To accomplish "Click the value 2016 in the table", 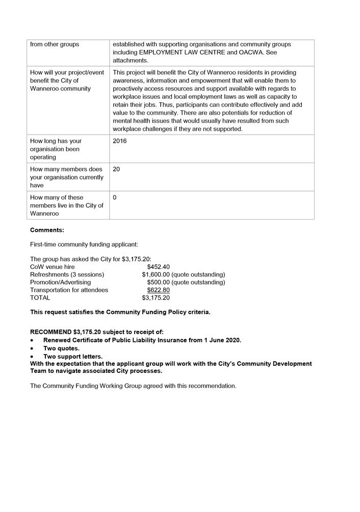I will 120,141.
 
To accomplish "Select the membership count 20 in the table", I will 116,169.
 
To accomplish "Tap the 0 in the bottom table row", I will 115,197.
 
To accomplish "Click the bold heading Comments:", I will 47,230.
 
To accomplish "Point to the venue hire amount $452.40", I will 158,266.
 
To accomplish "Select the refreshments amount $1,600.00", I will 156,275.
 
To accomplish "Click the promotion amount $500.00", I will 158,282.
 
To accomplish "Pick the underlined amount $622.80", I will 158,290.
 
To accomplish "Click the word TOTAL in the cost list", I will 40,298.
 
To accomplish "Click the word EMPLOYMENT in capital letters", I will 157,52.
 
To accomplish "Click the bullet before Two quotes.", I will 32,348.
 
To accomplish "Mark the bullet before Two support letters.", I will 32,357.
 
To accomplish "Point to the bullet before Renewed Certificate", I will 32,340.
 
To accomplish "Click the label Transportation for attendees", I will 69,290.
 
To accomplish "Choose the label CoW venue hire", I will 52,266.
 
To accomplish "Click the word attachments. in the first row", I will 130,61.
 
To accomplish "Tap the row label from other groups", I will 55,44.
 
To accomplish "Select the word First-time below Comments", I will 43,245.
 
